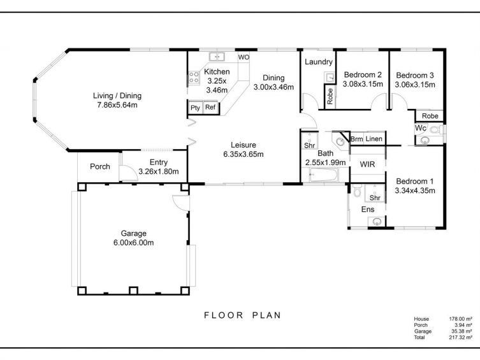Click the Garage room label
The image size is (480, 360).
pyautogui.click(x=133, y=233)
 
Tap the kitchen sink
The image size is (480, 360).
pyautogui.click(x=217, y=57)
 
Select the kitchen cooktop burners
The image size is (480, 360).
pyautogui.click(x=194, y=77)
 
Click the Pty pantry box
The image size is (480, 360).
pyautogui.click(x=195, y=108)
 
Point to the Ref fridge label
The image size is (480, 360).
pyautogui.click(x=210, y=107)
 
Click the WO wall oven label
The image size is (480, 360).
pyautogui.click(x=244, y=57)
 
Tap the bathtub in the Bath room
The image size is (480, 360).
pyautogui.click(x=324, y=175)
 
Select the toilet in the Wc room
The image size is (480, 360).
pyautogui.click(x=434, y=129)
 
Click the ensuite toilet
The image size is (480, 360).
pyautogui.click(x=356, y=191)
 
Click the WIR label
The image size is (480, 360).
pyautogui.click(x=367, y=164)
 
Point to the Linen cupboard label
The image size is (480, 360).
pyautogui.click(x=374, y=139)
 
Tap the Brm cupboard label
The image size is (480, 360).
pyautogui.click(x=356, y=139)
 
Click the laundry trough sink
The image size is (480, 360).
pyautogui.click(x=330, y=78)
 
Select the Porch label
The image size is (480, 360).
pyautogui.click(x=100, y=167)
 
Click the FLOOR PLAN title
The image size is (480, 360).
pyautogui.click(x=242, y=315)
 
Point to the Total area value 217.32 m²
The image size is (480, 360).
pyautogui.click(x=460, y=337)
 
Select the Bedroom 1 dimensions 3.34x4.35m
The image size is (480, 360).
pyautogui.click(x=415, y=191)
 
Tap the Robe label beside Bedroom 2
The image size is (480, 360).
pyautogui.click(x=330, y=96)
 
